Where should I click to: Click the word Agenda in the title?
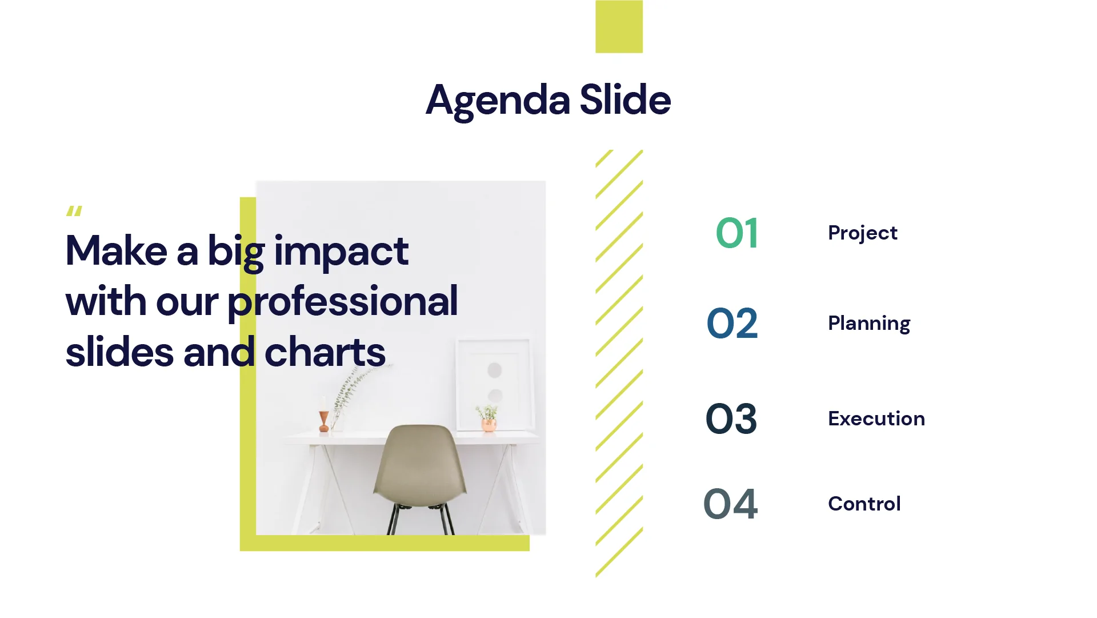tap(498, 101)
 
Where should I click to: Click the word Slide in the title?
tap(625, 99)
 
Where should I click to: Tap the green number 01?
tap(737, 233)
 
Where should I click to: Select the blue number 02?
tap(732, 324)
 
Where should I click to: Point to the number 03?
tap(731, 419)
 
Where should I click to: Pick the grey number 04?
tap(730, 504)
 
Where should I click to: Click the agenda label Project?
tap(862, 233)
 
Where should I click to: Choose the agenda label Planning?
tap(868, 324)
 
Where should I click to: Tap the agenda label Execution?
tap(876, 419)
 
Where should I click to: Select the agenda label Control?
tap(864, 504)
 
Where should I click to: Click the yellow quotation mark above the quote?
tap(74, 212)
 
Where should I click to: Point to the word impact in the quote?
tap(341, 252)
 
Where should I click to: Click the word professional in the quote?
tap(343, 302)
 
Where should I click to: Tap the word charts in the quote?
tap(325, 352)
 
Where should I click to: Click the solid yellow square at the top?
tap(619, 26)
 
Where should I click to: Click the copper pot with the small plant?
tap(489, 425)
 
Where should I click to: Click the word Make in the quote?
tap(117, 252)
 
